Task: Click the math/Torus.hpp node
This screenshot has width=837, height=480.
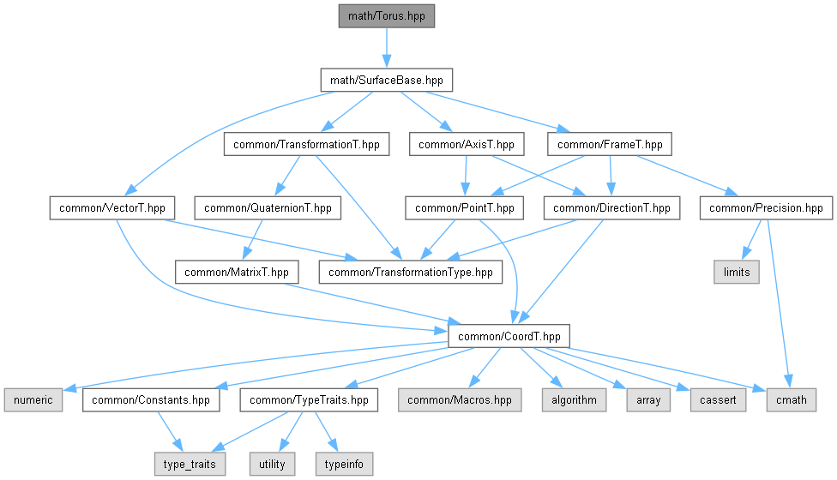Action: click(x=386, y=16)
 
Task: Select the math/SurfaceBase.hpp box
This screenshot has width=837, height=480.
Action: click(x=386, y=81)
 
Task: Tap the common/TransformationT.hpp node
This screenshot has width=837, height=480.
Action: click(x=306, y=144)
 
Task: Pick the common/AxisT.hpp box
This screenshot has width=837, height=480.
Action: click(x=467, y=144)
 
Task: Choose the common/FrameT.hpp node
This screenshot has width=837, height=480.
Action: click(x=610, y=144)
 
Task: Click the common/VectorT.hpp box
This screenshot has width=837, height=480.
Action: click(x=113, y=207)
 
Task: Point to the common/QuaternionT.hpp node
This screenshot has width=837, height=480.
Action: click(x=268, y=207)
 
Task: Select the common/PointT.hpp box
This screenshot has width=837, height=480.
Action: click(x=464, y=207)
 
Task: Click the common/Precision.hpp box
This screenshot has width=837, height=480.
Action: click(x=766, y=207)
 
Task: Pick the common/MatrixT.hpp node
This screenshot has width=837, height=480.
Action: click(x=237, y=272)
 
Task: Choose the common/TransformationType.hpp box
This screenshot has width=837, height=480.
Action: click(x=411, y=272)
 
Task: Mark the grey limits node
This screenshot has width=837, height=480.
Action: click(x=736, y=272)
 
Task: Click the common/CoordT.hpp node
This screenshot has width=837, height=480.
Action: click(x=509, y=336)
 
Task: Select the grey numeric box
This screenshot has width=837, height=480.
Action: click(x=33, y=399)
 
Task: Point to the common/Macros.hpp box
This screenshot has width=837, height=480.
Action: click(x=459, y=399)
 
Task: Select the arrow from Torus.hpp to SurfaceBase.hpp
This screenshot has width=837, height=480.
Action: click(x=386, y=48)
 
